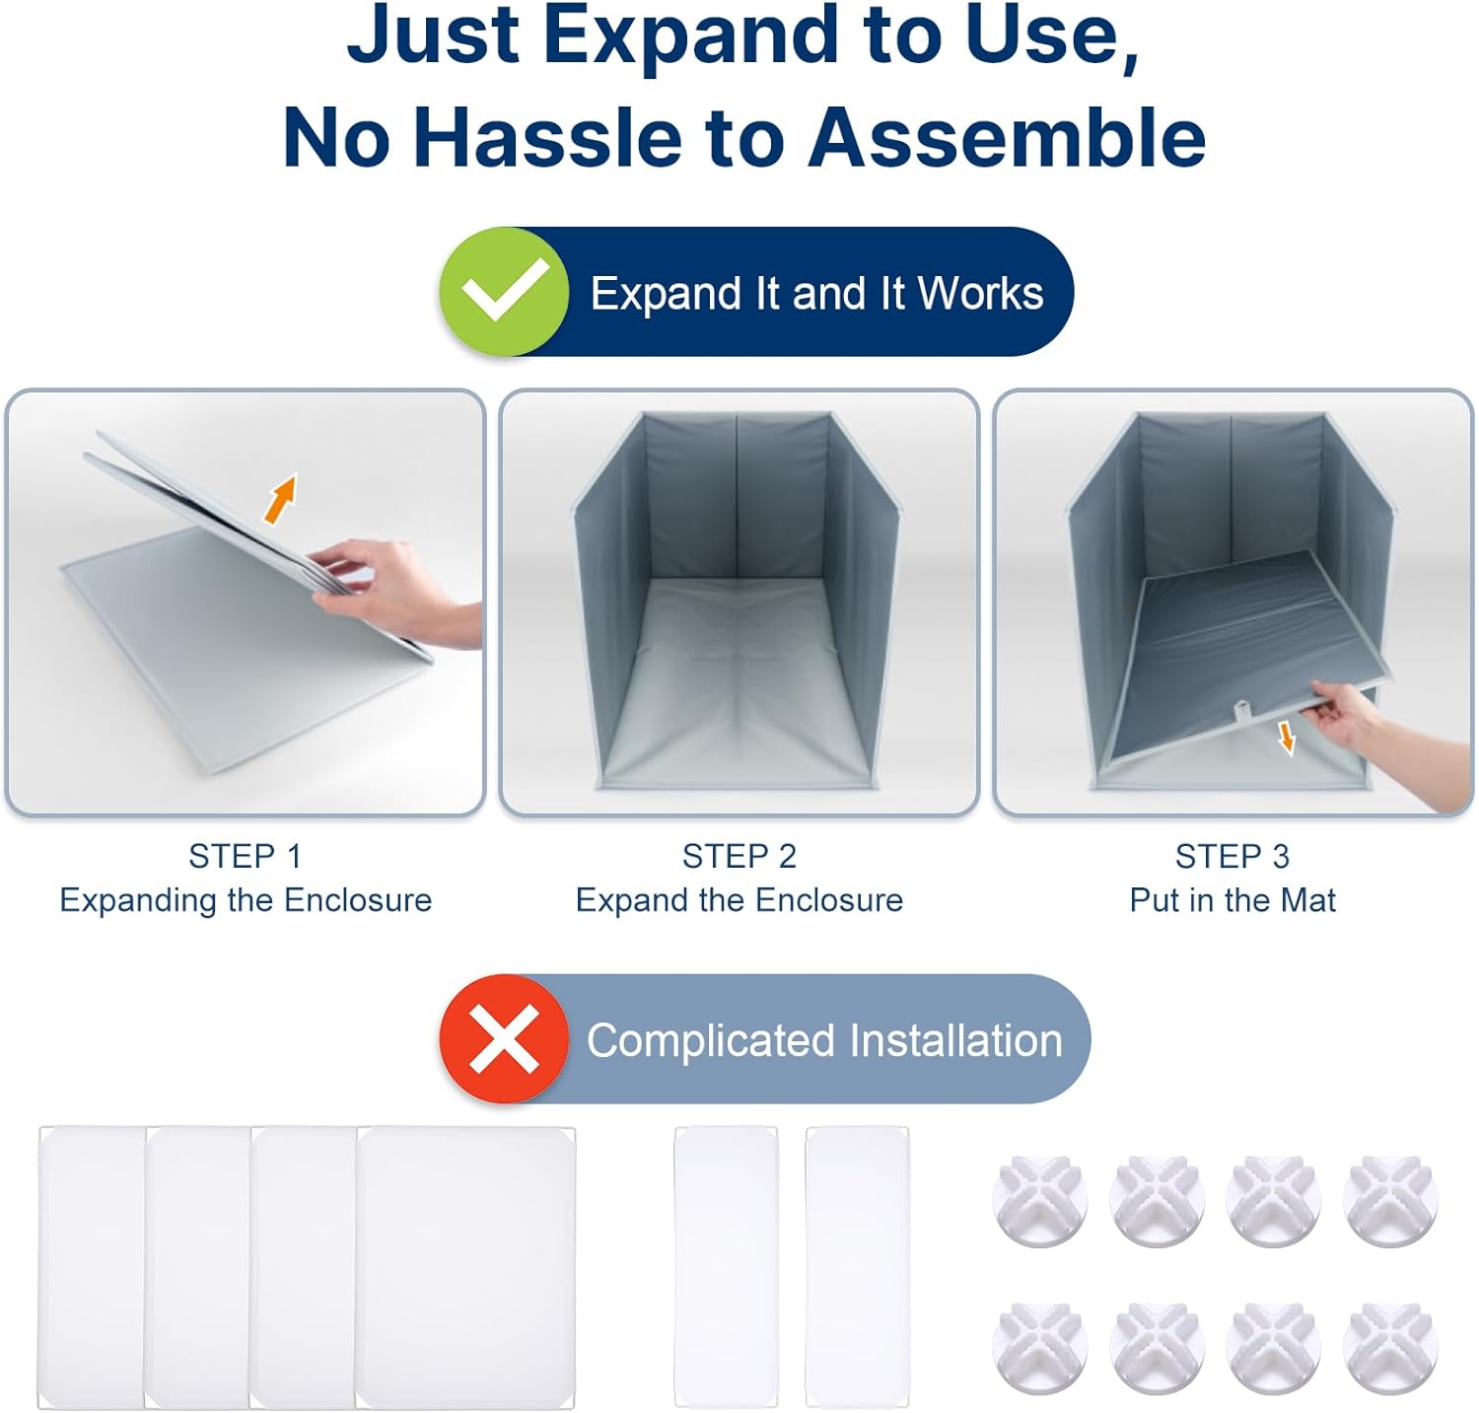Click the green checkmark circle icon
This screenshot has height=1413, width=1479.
point(504,291)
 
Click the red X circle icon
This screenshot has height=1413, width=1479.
point(504,1038)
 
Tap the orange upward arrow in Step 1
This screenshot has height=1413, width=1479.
point(281,498)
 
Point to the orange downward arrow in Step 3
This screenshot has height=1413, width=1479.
point(1287,737)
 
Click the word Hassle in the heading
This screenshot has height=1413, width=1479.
point(547,136)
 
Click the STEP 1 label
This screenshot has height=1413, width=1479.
point(246,856)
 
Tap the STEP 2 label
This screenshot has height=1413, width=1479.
point(739,856)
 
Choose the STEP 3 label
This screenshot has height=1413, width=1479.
point(1232,856)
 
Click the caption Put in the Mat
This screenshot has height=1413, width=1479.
point(1232,900)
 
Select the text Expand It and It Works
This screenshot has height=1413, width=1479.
point(816,293)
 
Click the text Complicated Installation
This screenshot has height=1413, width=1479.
point(824,1040)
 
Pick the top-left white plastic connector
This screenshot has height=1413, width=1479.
point(1040,1201)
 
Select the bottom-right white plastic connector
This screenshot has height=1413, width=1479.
point(1390,1349)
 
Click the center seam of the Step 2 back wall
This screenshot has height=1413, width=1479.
point(738,497)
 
